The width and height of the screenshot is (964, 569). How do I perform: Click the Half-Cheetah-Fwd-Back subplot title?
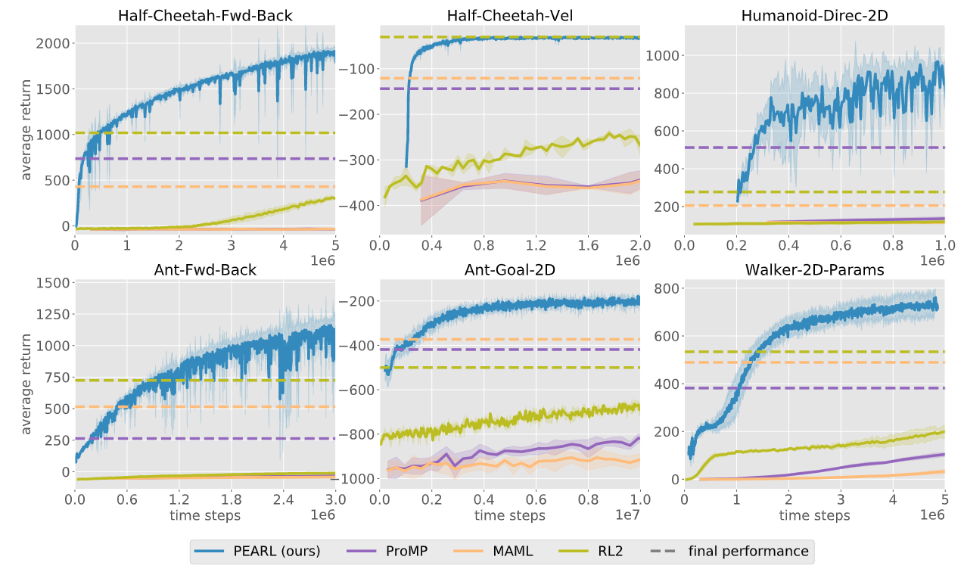[x=205, y=16]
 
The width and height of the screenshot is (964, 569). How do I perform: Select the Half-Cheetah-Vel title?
[x=510, y=16]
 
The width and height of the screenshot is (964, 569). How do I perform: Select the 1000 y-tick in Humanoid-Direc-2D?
[x=664, y=55]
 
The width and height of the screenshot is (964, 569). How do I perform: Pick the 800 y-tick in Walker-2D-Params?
[x=667, y=288]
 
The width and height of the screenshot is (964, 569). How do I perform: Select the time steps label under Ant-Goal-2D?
[x=510, y=515]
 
